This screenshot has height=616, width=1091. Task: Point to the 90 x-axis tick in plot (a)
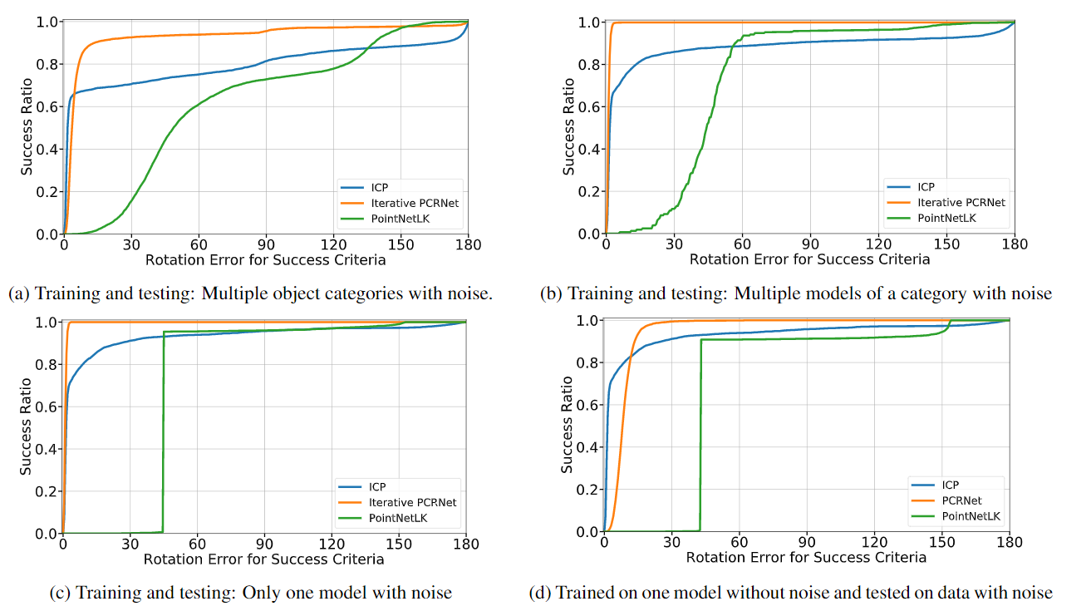coord(266,245)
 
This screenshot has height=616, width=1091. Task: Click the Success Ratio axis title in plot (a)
coord(27,127)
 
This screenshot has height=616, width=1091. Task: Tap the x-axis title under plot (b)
coord(809,259)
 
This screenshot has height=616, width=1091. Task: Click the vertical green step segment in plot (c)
coord(163,432)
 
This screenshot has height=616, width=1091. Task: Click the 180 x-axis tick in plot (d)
coord(1009,543)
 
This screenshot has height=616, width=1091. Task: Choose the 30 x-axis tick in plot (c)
coord(130,545)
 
